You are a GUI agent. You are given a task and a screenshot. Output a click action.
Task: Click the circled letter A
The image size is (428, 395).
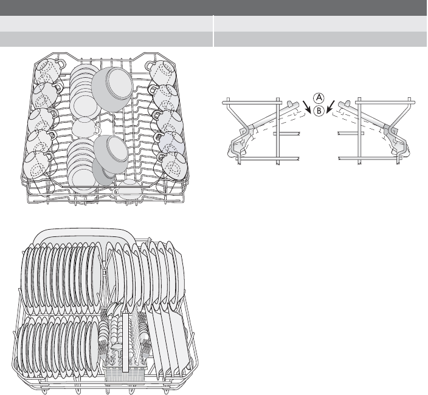[x=319, y=98]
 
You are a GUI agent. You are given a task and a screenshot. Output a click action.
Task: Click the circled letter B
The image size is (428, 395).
[x=319, y=111]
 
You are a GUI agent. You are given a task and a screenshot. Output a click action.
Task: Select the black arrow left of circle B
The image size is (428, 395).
[x=307, y=107]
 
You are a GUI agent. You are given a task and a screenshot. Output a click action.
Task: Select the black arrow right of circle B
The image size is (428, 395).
[x=330, y=106]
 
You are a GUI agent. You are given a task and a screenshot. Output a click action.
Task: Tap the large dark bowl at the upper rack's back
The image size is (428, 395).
[x=112, y=88]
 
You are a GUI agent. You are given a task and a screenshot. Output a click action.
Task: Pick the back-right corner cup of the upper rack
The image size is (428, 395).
[x=162, y=72]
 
